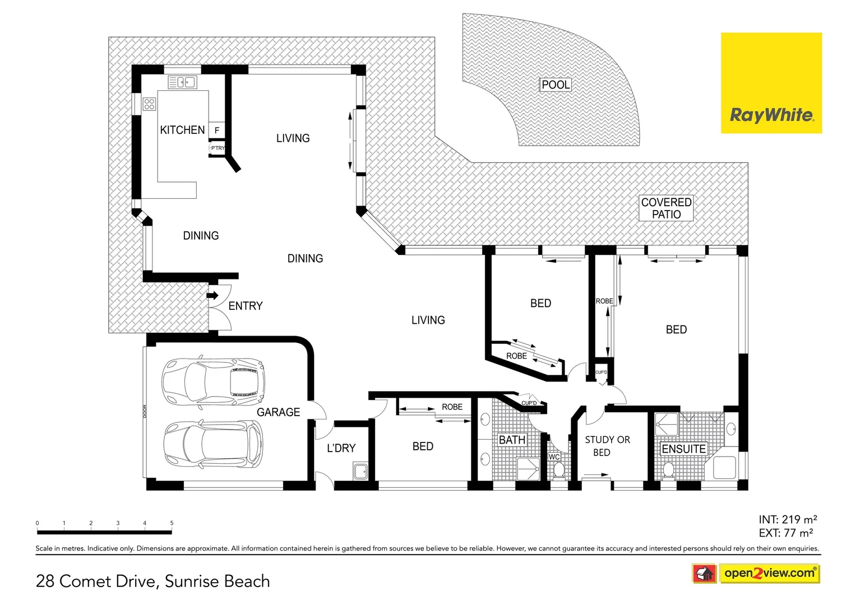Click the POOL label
tap(556, 85)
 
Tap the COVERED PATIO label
tap(666, 208)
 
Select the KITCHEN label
tap(182, 130)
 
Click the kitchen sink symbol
tap(182, 83)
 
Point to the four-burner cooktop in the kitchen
tap(149, 104)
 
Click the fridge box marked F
tap(217, 130)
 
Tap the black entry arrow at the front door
tap(212, 295)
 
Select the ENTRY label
tap(246, 306)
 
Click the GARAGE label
tap(278, 412)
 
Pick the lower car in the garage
tap(213, 444)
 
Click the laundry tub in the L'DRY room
tap(360, 471)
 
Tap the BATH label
tap(512, 440)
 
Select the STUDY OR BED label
tap(607, 446)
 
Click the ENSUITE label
tap(683, 449)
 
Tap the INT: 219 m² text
tap(788, 519)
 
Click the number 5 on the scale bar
tap(172, 523)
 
